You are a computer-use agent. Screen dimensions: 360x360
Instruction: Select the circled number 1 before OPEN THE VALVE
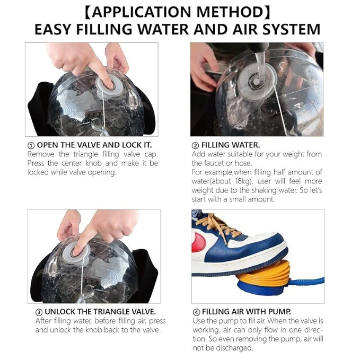pyautogui.click(x=31, y=146)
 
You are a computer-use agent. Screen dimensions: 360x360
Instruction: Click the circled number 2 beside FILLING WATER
pyautogui.click(x=196, y=146)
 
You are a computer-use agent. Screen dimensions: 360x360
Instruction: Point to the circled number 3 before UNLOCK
pyautogui.click(x=39, y=312)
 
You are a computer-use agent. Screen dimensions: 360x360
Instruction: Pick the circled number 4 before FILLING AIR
pyautogui.click(x=196, y=312)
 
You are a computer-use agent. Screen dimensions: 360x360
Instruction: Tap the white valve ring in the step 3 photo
pyautogui.click(x=76, y=252)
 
